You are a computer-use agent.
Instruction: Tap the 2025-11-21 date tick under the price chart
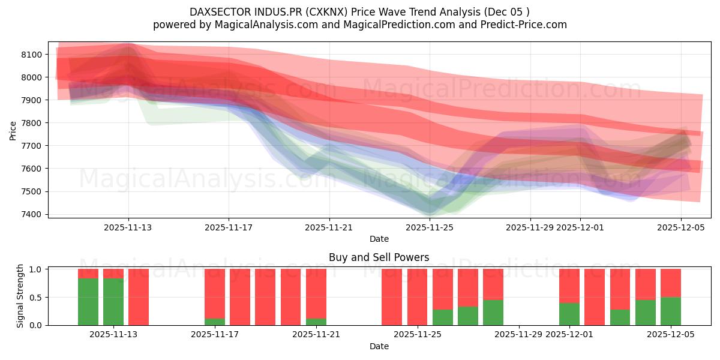(329, 227)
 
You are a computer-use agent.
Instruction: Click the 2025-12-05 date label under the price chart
(681, 227)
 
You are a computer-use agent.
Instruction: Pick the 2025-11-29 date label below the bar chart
(518, 334)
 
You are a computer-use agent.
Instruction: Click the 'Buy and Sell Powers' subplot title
(379, 257)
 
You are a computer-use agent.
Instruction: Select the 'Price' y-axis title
(13, 130)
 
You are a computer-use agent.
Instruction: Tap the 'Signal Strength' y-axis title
(20, 296)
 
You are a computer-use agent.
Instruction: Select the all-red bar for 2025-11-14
(139, 297)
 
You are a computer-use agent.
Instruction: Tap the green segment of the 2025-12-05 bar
(671, 311)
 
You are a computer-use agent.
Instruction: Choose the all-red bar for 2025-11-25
(417, 297)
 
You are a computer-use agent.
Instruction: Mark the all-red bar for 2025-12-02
(595, 297)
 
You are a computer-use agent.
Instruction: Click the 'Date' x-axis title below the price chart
(379, 239)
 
